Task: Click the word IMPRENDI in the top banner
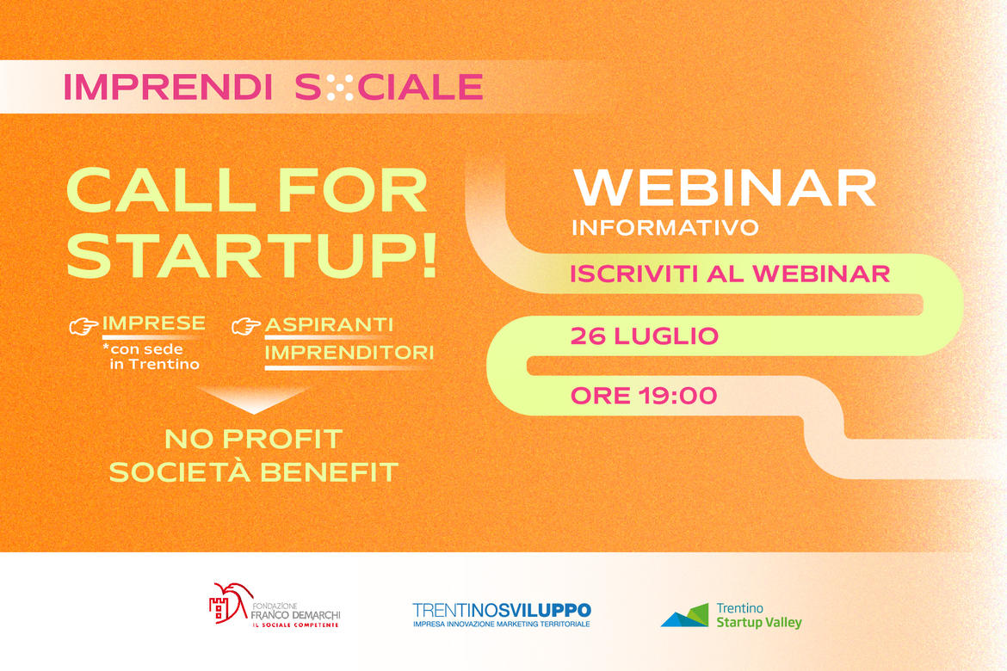click(x=168, y=87)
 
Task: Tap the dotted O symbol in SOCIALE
click(x=339, y=87)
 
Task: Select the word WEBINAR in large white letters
click(x=725, y=188)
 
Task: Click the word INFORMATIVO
click(x=665, y=227)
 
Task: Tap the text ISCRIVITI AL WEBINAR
click(x=730, y=274)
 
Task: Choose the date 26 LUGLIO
click(x=644, y=335)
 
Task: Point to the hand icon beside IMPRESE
click(x=83, y=326)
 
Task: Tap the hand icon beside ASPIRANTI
click(x=246, y=326)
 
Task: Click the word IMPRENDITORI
click(x=349, y=353)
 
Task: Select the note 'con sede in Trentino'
click(x=151, y=356)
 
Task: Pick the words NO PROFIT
click(x=254, y=440)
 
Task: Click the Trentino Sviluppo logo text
click(x=502, y=610)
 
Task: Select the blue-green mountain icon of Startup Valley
click(x=684, y=614)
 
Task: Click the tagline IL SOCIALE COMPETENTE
click(x=294, y=625)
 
